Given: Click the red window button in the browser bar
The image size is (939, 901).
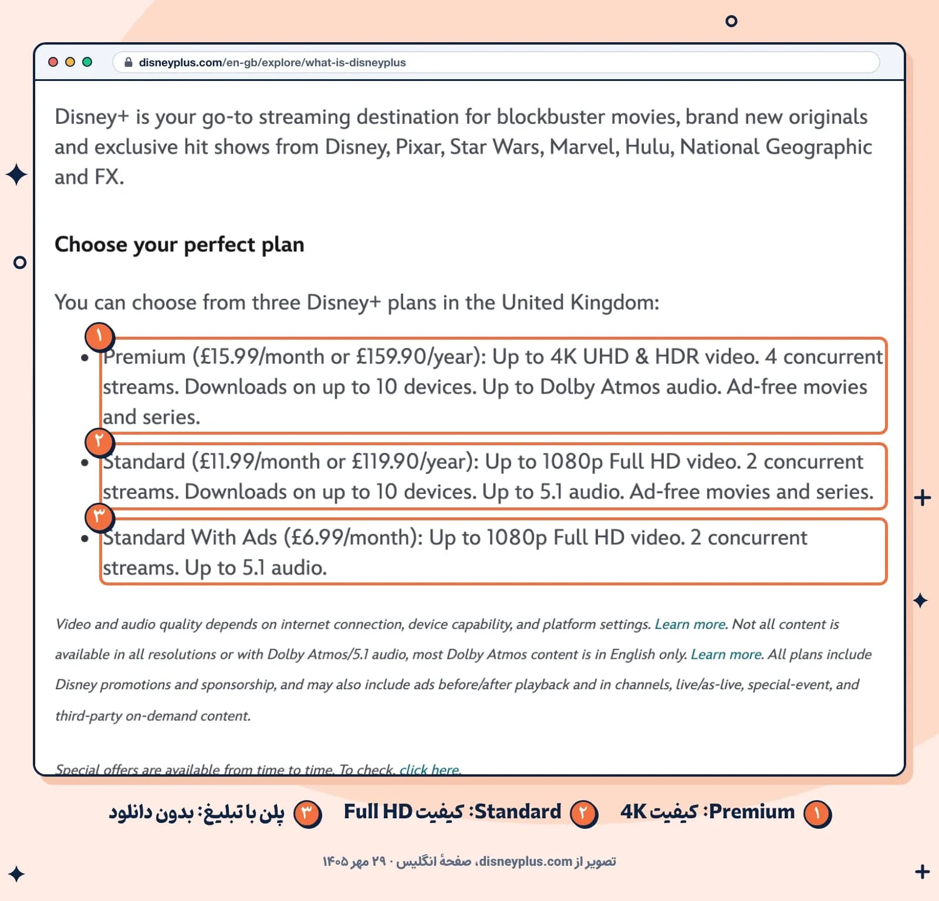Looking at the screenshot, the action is tap(53, 62).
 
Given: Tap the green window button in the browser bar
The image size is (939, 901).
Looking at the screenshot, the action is tap(87, 62).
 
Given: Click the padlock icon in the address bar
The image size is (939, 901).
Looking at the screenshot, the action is tap(129, 62).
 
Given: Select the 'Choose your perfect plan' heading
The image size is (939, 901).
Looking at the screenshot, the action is tap(180, 245).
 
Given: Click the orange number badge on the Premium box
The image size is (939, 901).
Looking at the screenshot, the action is tap(99, 337).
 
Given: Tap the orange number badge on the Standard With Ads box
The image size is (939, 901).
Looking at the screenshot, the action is tap(99, 517).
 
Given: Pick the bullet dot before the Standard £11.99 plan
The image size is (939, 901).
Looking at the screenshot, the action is tap(85, 463).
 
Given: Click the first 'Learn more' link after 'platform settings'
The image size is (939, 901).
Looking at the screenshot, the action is tap(690, 624).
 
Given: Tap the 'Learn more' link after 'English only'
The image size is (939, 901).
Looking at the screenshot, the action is tap(726, 654).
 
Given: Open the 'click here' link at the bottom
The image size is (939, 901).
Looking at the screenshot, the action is tap(430, 770).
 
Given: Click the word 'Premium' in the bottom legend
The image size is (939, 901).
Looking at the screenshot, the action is tap(752, 812).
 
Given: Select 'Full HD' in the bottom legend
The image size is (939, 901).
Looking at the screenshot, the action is tap(378, 812).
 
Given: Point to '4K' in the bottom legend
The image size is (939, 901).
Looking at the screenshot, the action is tap(634, 812).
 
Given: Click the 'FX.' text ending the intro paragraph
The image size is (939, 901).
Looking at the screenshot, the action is tap(107, 177).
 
